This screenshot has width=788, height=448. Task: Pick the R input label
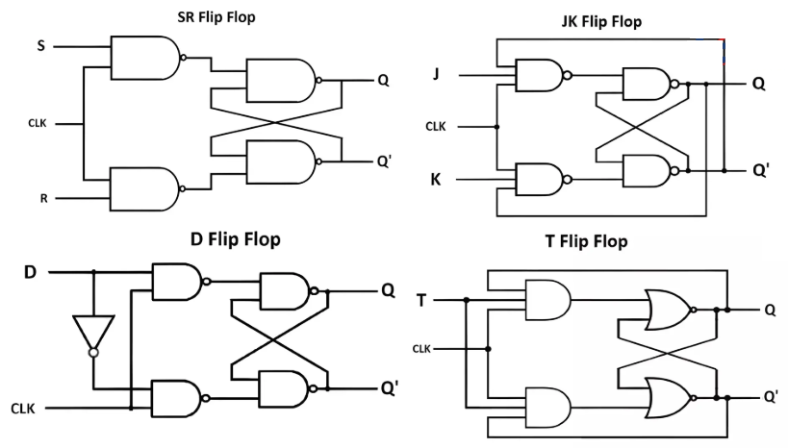43,199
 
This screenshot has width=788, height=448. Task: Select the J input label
436,73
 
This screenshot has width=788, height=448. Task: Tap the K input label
436,179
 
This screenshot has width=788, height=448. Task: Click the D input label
30,272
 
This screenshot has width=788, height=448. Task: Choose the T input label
420,300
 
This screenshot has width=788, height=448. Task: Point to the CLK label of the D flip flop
23,409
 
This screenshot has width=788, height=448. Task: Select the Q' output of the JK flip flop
760,171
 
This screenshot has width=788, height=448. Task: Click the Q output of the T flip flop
770,311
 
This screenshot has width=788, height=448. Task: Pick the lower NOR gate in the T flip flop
670,396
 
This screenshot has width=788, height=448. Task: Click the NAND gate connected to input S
145,58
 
